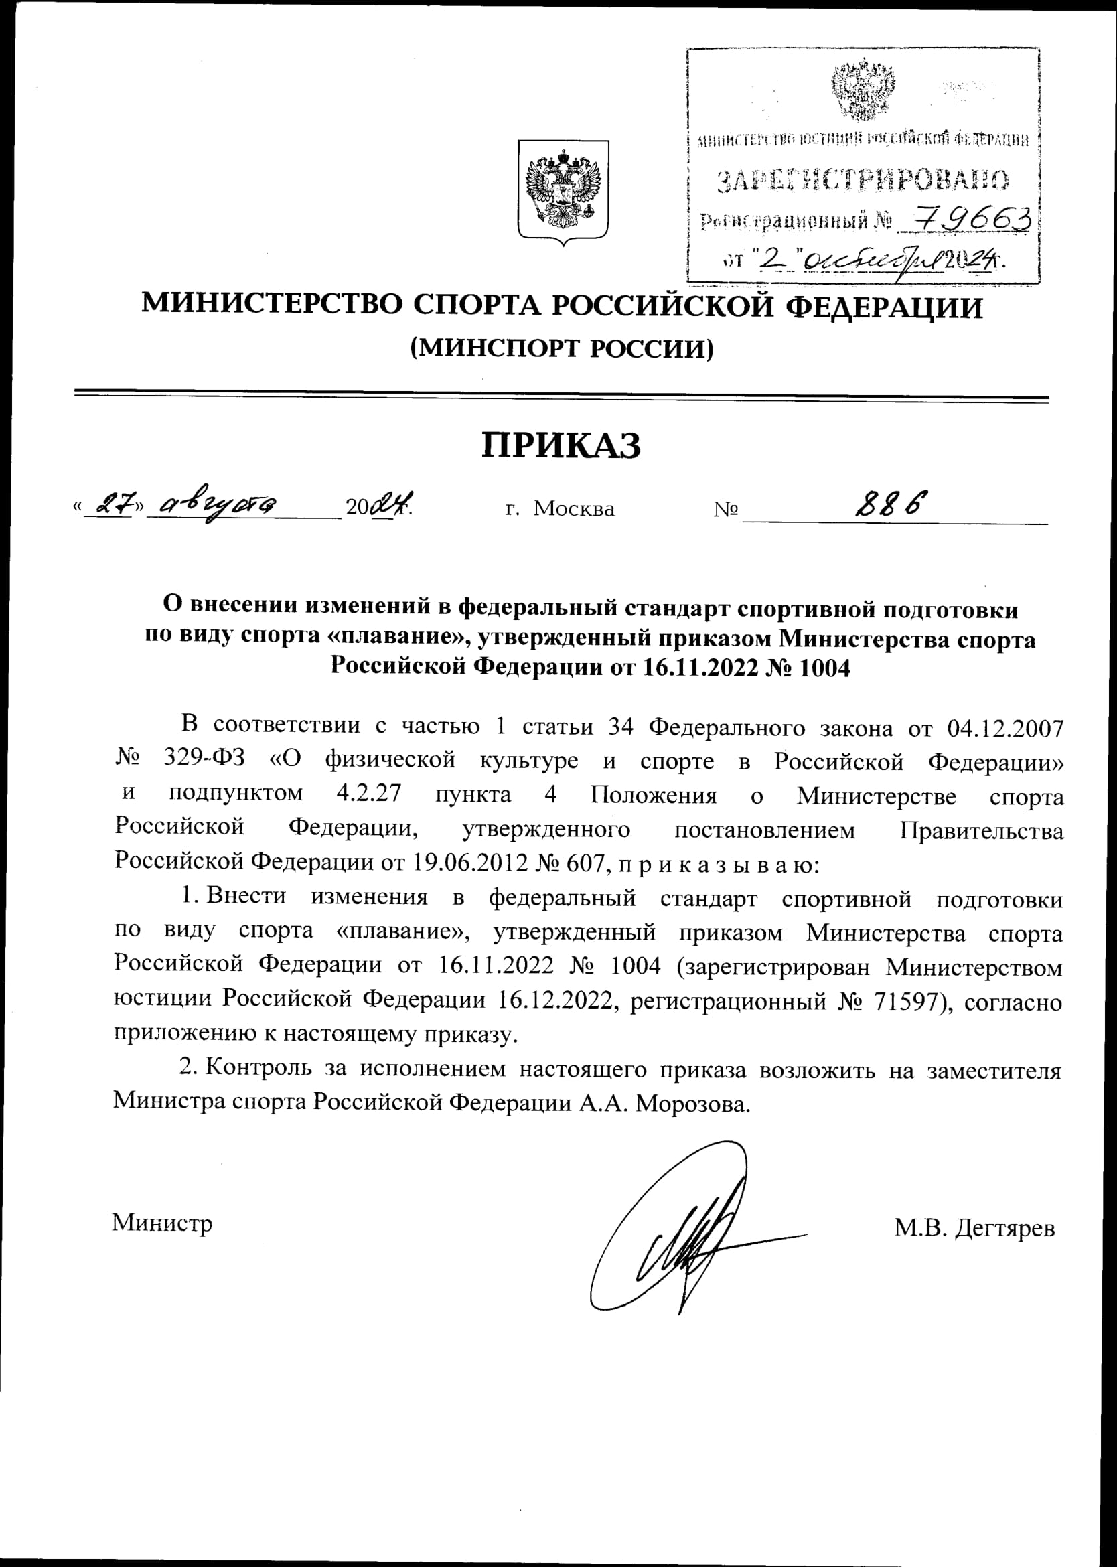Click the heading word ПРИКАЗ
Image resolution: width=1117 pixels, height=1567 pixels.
[561, 446]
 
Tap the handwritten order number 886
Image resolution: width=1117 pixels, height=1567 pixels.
[891, 506]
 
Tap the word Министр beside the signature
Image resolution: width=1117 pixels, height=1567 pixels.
[162, 1222]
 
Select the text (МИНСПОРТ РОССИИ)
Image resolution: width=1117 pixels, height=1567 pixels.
[561, 349]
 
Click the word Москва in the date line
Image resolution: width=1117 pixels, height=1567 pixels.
[574, 509]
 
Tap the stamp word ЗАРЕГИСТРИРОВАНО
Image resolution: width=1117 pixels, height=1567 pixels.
[863, 180]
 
